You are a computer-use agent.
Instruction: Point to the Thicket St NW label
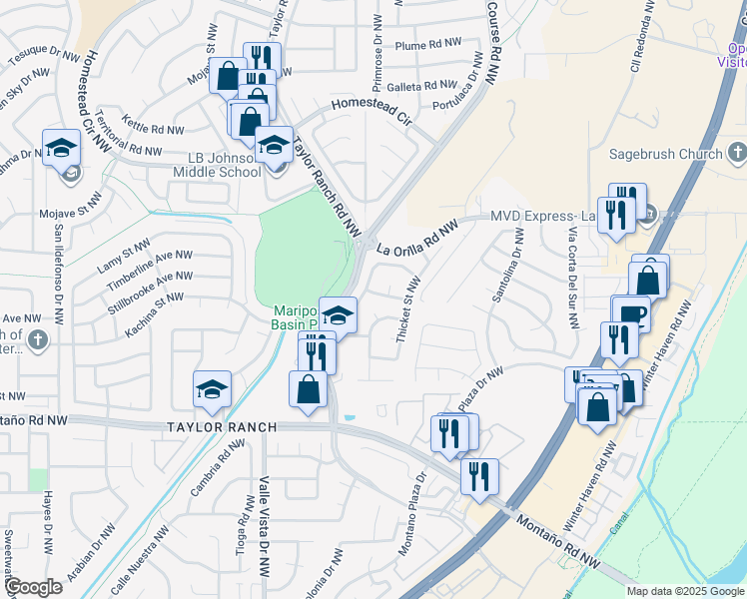[408, 311]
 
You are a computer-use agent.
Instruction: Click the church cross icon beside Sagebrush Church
[737, 153]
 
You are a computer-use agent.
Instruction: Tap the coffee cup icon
[630, 314]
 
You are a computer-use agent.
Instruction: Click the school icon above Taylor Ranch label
[212, 389]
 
